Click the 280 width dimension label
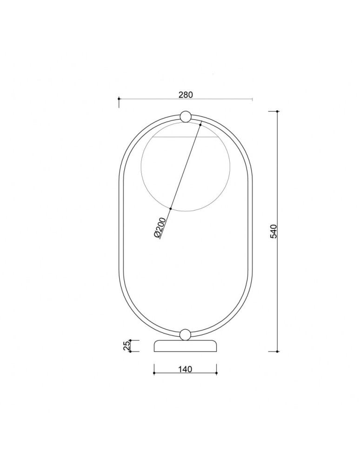tap(186, 94)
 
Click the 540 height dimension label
tap(273, 231)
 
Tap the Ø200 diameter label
tap(160, 227)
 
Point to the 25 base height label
tap(127, 346)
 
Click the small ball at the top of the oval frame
tap(185, 116)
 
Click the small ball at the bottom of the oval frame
tap(185, 334)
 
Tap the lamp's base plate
tap(185, 346)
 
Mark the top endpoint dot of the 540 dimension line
tap(277, 112)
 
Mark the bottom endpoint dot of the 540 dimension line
tap(277, 352)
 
